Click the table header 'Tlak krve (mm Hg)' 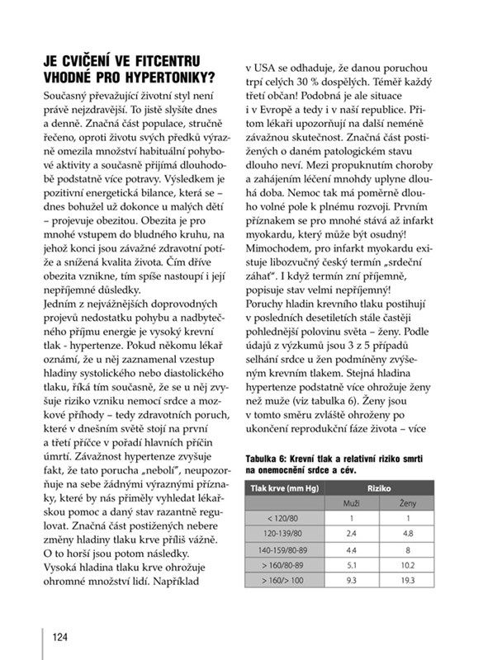click(287, 486)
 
